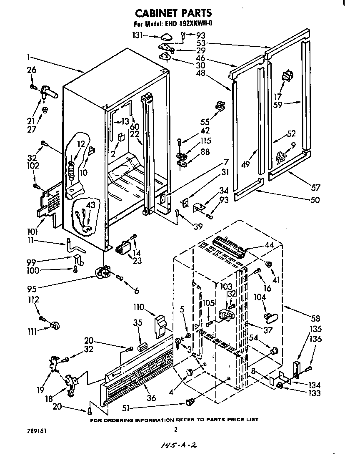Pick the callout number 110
click(138, 307)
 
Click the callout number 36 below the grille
click(151, 398)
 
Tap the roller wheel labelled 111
click(54, 326)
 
